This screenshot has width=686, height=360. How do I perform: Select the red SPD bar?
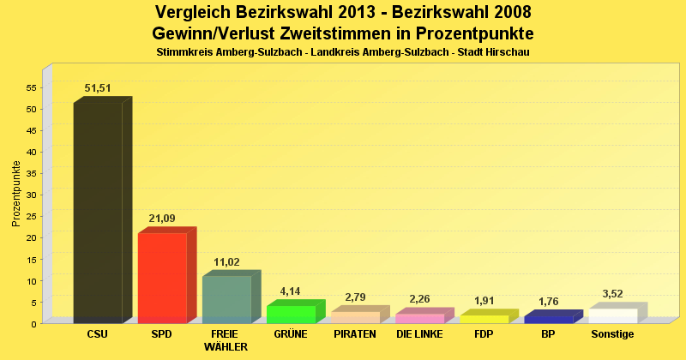(162, 278)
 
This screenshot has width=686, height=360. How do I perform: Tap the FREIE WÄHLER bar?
(226, 299)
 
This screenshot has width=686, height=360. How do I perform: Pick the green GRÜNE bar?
(291, 314)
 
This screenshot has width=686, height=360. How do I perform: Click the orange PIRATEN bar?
(355, 317)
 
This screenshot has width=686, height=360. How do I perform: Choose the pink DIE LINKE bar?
(419, 318)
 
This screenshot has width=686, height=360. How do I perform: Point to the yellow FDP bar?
(484, 319)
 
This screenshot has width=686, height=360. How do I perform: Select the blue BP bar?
(548, 319)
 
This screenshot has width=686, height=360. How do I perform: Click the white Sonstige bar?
(612, 315)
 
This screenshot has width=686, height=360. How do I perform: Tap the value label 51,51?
(98, 88)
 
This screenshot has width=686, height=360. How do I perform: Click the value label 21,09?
(162, 219)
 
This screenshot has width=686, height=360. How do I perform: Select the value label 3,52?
(612, 294)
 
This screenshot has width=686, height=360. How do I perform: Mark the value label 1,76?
(548, 302)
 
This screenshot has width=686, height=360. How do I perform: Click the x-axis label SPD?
(162, 334)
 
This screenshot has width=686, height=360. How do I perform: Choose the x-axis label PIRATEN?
(355, 334)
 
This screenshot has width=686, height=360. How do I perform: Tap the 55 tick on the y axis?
(32, 87)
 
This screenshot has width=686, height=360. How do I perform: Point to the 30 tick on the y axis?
(32, 195)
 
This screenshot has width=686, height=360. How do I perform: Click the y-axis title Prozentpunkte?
(16, 194)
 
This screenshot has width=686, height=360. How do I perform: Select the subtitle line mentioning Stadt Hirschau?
(343, 52)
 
